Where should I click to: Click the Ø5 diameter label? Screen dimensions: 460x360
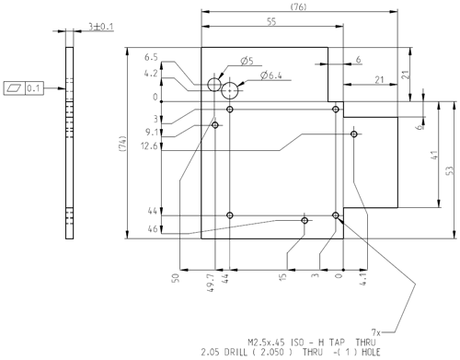point(247,61)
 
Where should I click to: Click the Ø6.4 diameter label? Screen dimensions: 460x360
point(271,75)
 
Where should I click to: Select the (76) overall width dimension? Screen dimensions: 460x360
point(298,6)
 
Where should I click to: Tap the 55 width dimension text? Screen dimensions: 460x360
point(271,21)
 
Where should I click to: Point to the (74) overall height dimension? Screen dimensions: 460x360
point(122,144)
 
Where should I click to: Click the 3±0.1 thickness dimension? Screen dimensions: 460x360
point(101,27)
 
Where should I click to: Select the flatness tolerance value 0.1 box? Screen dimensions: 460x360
point(34,88)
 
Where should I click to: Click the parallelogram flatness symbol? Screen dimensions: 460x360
point(14,88)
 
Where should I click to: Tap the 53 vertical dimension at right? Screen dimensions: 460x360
point(449,170)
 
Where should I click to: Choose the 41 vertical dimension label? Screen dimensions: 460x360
point(434,155)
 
